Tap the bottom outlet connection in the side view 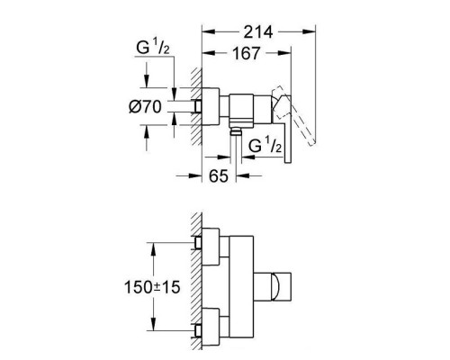tap(236, 131)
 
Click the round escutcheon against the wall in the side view tap(211, 106)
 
